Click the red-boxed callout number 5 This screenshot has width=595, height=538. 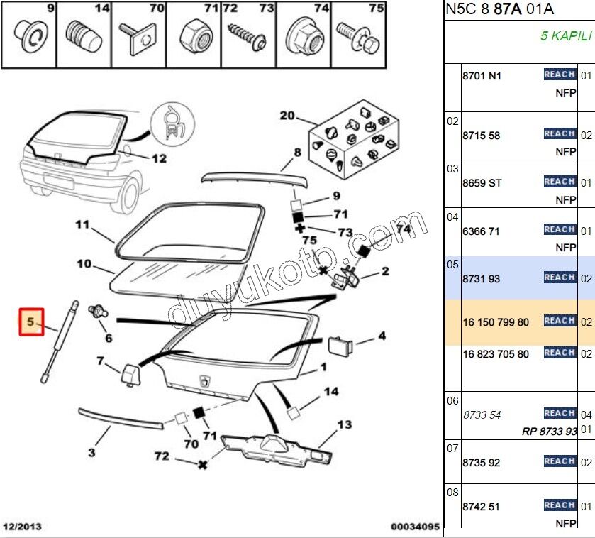pos(31,322)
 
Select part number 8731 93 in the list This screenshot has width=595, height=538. pos(481,279)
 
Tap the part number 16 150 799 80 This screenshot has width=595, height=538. pos(496,322)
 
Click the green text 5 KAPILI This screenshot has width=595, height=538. pos(566,35)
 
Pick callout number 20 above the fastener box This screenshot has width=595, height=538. pos(287,116)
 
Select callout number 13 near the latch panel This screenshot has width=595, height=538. pos(344,425)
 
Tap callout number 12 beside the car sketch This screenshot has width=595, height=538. pos(159,158)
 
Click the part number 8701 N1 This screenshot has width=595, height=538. pos(482,76)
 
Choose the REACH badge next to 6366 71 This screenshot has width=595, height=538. pos(559,229)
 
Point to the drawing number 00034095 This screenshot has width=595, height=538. pos(415,527)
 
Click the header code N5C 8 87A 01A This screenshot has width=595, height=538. pos(499,9)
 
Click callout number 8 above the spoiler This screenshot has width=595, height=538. pos(297,152)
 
